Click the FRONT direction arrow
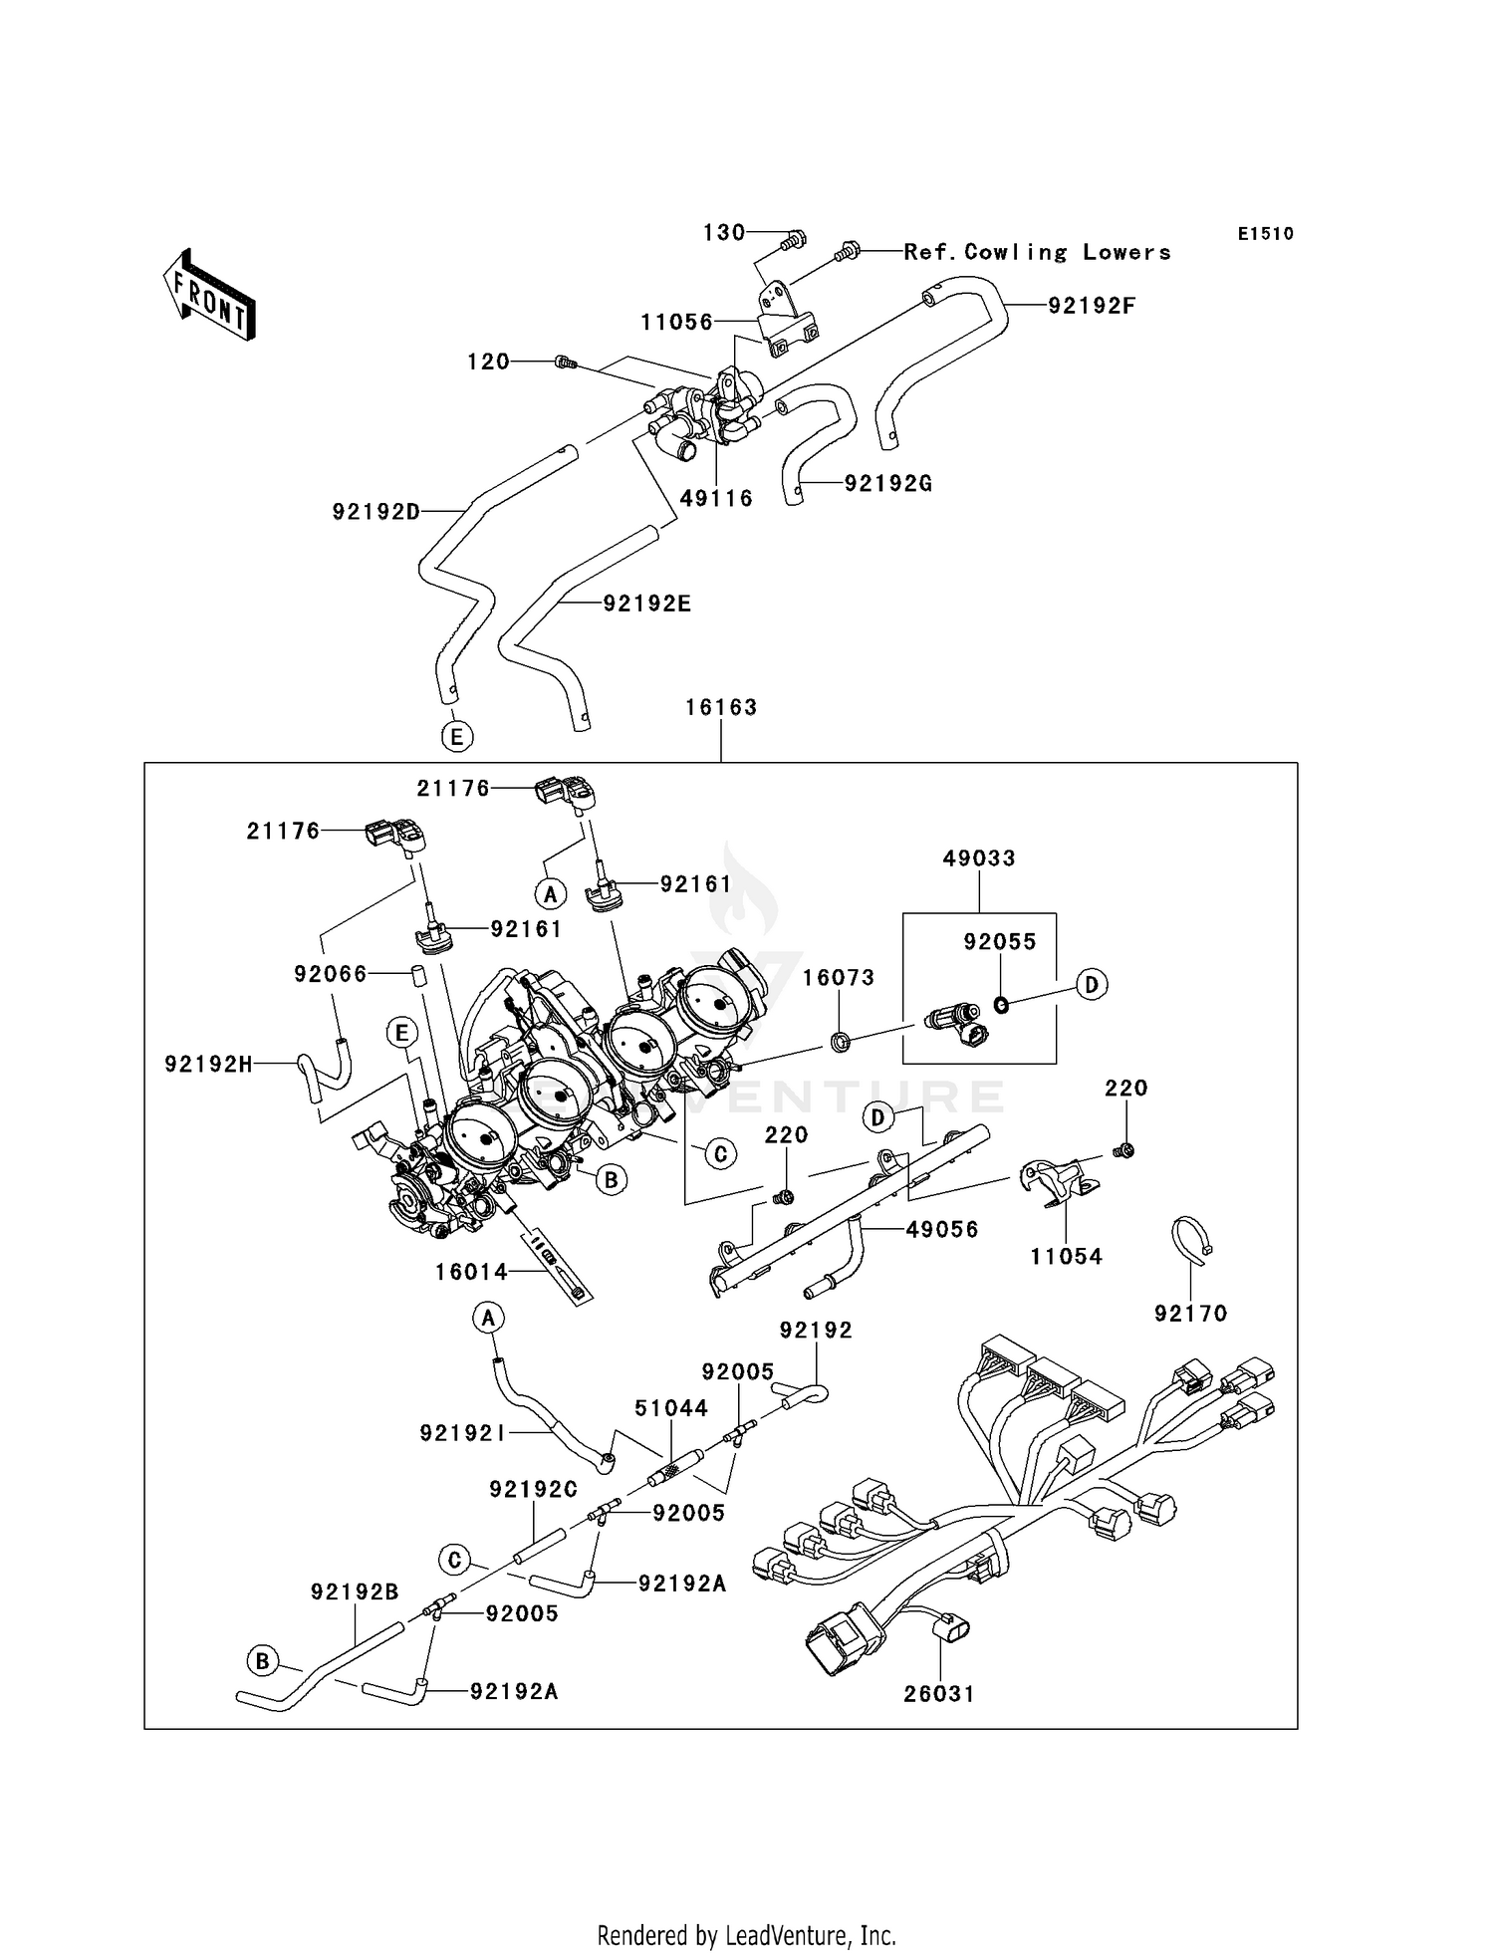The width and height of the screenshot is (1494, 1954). (209, 295)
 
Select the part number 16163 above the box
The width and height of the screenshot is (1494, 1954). (721, 707)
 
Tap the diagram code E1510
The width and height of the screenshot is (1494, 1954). (1265, 234)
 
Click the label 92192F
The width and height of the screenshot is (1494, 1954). (1091, 306)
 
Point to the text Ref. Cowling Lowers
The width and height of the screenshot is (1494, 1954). (1037, 252)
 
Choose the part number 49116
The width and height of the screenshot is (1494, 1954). (716, 498)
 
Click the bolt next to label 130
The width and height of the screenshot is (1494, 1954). (793, 239)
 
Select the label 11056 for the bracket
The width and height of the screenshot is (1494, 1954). (676, 322)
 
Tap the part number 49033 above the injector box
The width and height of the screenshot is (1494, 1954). (979, 857)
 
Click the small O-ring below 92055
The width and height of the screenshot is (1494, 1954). (1001, 1005)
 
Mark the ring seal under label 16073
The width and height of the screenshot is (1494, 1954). (841, 1043)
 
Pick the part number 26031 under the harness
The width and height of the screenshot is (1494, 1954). (939, 1693)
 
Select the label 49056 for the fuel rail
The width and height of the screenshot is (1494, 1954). (941, 1229)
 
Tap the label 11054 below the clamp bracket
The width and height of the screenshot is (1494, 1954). (1066, 1256)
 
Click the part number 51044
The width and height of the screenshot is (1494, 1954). (671, 1407)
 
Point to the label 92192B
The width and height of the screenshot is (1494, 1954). (355, 1591)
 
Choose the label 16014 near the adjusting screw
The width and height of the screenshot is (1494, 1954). (471, 1272)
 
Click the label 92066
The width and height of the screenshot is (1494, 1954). (330, 973)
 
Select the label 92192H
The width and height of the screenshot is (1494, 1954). (208, 1064)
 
